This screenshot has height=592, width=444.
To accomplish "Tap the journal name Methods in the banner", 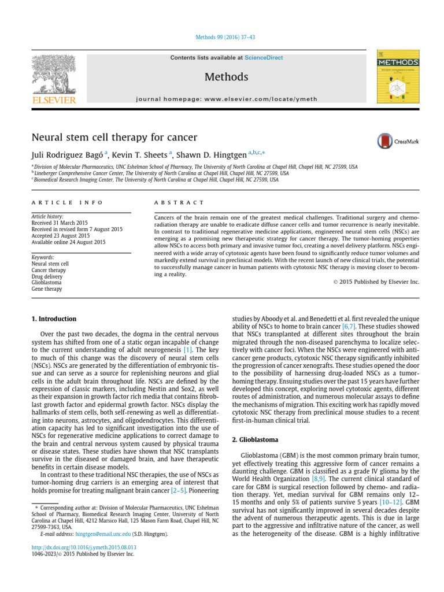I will point(226,77).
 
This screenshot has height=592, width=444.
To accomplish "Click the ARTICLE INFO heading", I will point(67,202).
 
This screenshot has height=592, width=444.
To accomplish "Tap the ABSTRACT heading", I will point(179,202).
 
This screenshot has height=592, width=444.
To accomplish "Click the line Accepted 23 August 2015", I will point(60,236).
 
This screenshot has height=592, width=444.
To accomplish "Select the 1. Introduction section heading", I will point(53,319).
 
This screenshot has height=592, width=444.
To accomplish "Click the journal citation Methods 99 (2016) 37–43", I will point(222,37).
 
